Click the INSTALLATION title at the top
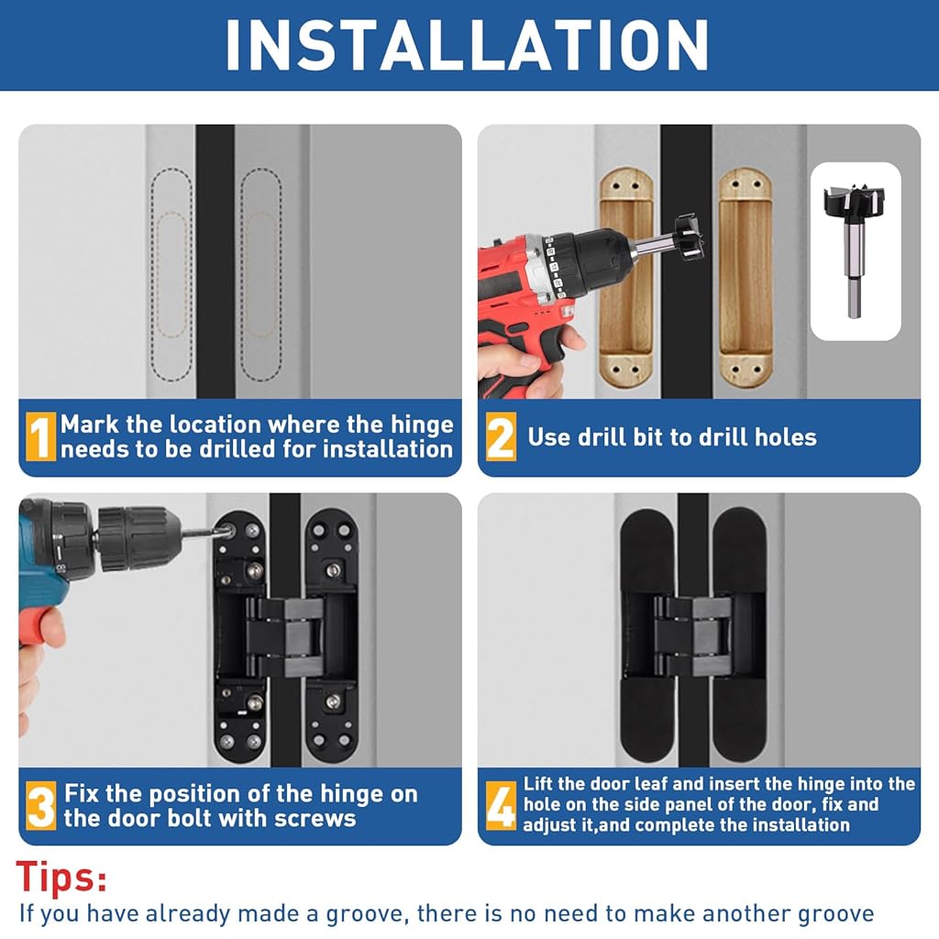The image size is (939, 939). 467,46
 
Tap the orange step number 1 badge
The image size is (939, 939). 40,436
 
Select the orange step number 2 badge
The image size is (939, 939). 500,436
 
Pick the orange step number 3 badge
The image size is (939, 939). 40,805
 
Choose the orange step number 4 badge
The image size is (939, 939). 501,805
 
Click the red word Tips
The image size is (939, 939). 61,878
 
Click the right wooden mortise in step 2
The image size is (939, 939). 745,278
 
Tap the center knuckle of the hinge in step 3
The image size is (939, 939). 285,636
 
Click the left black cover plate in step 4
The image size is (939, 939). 648,635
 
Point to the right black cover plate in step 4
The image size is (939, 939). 739,635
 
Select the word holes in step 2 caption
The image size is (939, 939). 785,437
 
